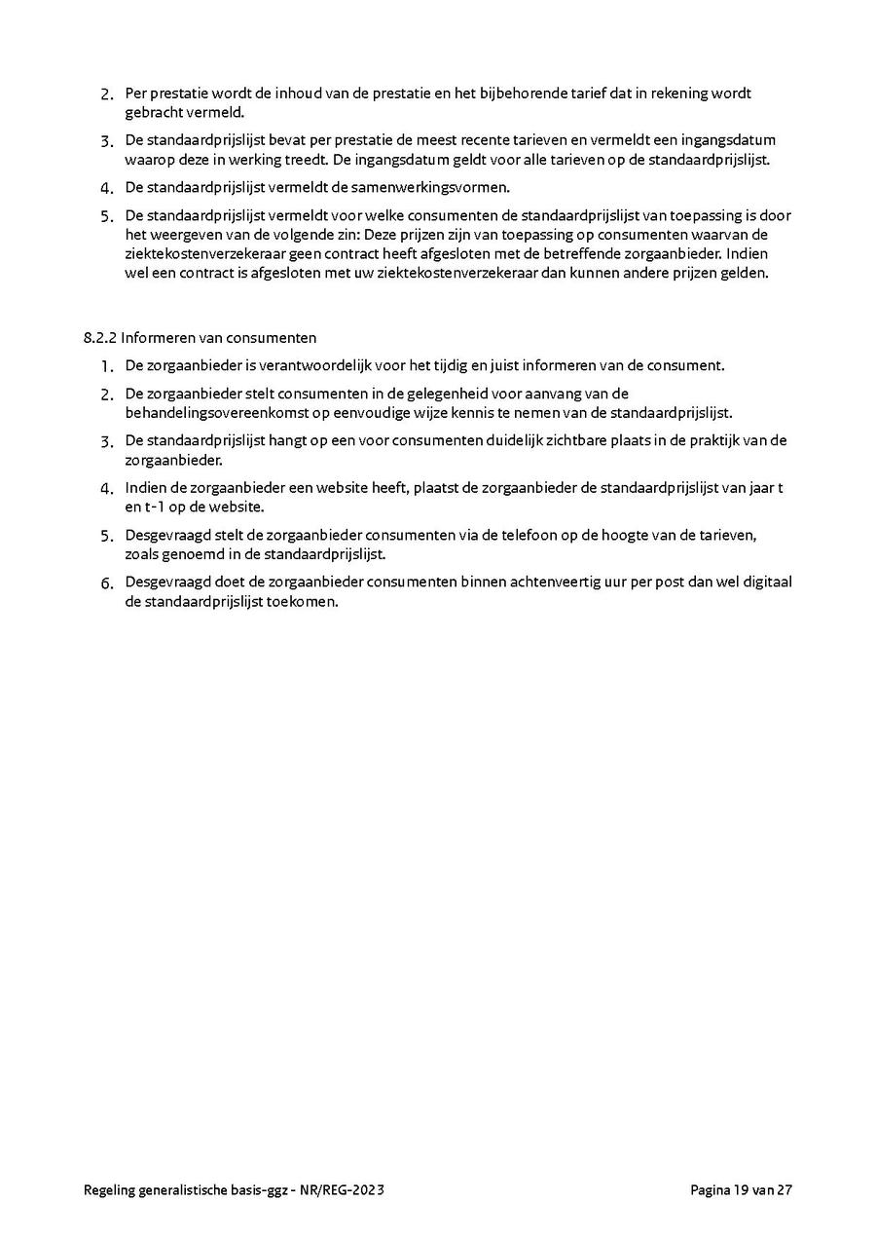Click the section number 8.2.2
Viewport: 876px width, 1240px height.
coord(100,338)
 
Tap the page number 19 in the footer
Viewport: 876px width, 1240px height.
coord(743,1189)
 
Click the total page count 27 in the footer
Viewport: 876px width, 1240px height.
coord(785,1189)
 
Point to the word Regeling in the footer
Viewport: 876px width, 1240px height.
coord(112,1189)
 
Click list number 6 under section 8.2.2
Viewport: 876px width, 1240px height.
coord(107,583)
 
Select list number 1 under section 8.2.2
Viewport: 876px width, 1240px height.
coord(107,367)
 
